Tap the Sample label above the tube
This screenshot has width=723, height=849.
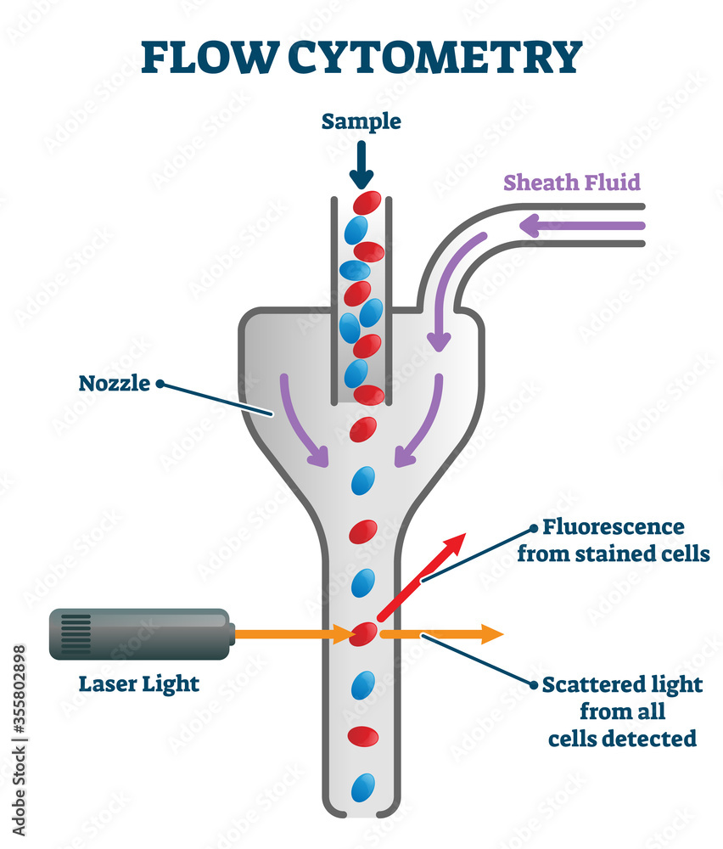(x=361, y=121)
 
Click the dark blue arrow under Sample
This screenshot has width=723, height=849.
(x=361, y=166)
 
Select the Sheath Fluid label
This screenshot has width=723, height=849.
(x=571, y=182)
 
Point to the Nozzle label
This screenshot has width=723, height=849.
(x=114, y=383)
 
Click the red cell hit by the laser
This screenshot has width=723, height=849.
(x=364, y=633)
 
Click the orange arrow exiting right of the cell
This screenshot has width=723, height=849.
(x=441, y=633)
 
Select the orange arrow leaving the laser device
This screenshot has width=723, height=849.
(x=293, y=633)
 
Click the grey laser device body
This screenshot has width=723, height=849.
(x=144, y=633)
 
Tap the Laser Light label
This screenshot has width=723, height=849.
(x=139, y=683)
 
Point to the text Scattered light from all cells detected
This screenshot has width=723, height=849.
(x=622, y=711)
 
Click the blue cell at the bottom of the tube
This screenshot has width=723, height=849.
(x=363, y=786)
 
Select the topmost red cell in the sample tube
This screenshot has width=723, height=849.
(x=367, y=202)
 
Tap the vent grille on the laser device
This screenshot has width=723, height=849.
(x=76, y=633)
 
